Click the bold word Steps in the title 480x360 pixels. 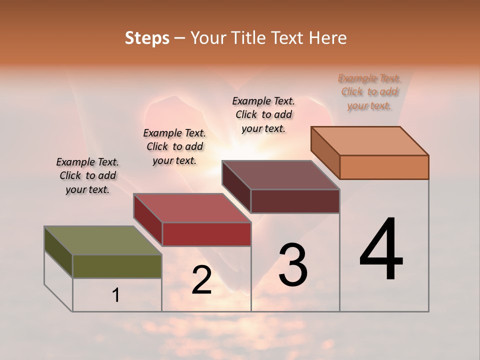click(147, 38)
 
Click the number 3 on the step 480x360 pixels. click(293, 265)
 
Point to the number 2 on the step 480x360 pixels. click(201, 280)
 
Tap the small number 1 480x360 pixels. click(116, 295)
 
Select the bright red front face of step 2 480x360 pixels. click(206, 234)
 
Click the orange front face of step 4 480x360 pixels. click(384, 167)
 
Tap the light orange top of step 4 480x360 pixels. click(370, 140)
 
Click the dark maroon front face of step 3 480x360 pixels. click(295, 201)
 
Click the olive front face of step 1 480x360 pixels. click(117, 266)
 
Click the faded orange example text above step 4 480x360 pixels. click(369, 92)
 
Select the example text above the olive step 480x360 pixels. click(87, 175)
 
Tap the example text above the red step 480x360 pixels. click(174, 146)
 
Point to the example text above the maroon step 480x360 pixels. click(263, 114)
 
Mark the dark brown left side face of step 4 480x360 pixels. click(325, 152)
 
